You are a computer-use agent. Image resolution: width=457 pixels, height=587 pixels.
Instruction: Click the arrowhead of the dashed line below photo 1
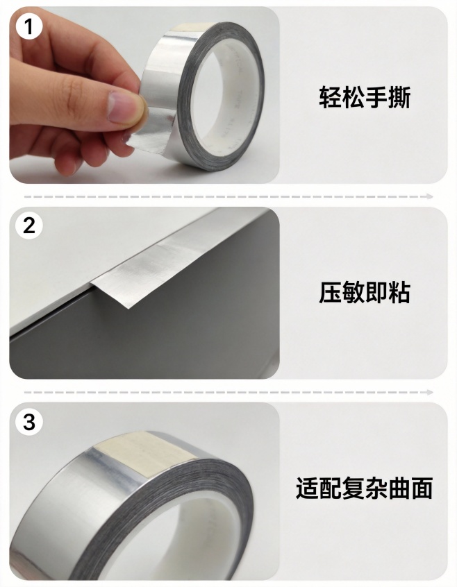431,196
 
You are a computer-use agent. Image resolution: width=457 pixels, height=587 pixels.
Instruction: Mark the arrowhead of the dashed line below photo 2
431,393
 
